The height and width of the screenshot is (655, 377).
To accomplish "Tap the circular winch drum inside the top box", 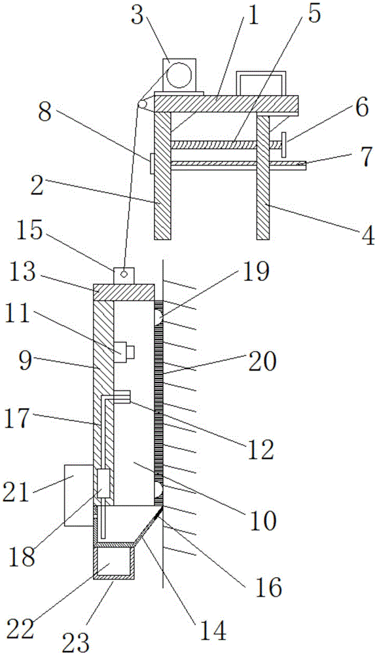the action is click(x=179, y=75).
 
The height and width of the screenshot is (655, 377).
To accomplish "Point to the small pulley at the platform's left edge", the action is click(x=143, y=104).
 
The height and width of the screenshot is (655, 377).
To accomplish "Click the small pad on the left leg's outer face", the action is click(x=152, y=163).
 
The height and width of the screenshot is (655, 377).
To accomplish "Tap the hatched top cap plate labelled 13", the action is click(x=123, y=292).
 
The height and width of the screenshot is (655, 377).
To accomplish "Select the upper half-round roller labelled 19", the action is click(x=158, y=318).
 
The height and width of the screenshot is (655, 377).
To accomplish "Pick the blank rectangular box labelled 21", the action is click(x=78, y=495).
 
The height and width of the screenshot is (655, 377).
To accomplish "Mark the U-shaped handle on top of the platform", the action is click(x=262, y=83).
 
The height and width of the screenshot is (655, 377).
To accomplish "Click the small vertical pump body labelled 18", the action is click(x=103, y=483).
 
